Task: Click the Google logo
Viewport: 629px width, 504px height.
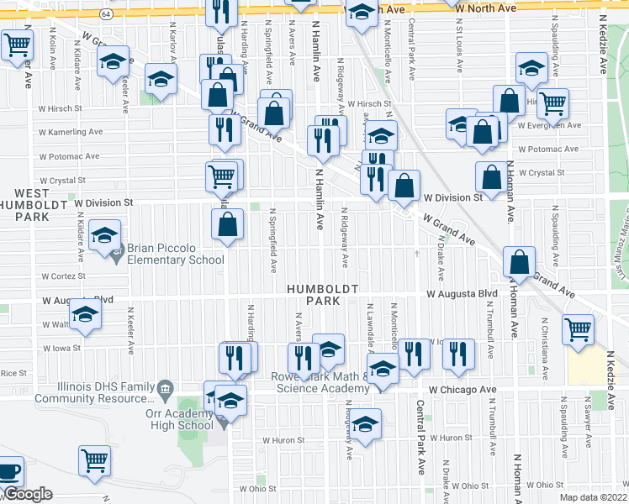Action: coord(28,494)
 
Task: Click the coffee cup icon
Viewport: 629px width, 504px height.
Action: coord(9,472)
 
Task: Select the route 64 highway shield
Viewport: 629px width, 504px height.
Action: coord(103,15)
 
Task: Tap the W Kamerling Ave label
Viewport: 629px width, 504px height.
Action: coord(71,132)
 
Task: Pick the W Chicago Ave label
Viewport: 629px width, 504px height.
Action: coord(462,390)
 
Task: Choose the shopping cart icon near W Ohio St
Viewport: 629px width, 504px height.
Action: coord(95,460)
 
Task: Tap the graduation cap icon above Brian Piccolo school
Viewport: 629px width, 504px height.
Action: coord(104,234)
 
